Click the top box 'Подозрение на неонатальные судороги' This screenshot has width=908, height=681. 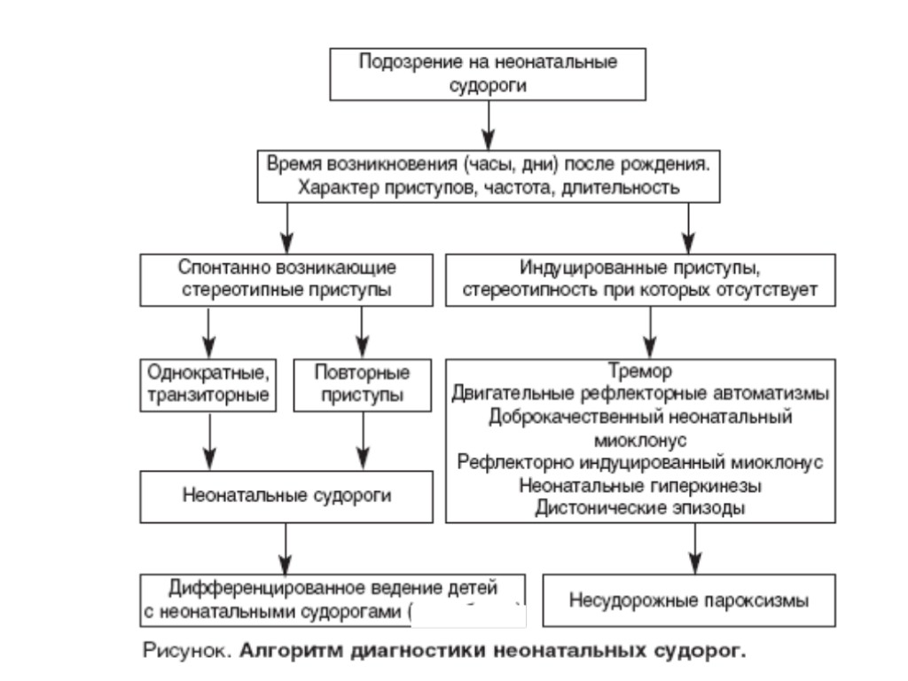coord(487,74)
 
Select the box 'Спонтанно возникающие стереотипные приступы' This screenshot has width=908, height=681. coord(286,280)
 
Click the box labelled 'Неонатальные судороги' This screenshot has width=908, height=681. coord(286,495)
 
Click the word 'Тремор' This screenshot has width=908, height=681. coord(639,370)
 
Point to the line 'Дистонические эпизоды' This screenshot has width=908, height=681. coord(639,508)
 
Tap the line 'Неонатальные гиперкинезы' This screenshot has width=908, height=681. coord(639,485)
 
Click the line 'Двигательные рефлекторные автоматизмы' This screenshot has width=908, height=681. coord(639,393)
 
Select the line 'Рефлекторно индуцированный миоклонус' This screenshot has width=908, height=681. coord(639,462)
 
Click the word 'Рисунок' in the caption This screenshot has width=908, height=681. coord(184,652)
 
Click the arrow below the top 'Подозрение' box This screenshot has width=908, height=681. coord(487,124)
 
